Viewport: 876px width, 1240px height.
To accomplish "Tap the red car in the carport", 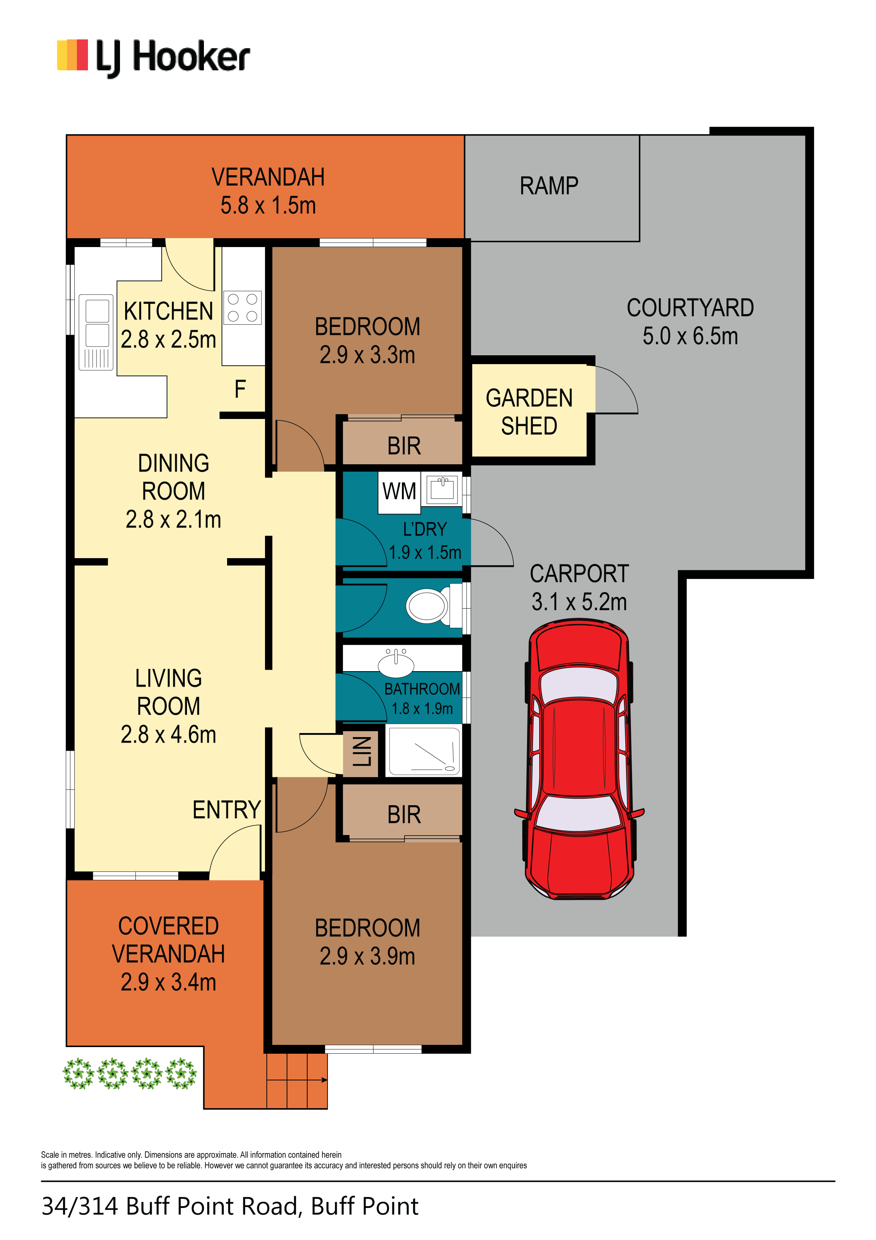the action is tap(579, 759).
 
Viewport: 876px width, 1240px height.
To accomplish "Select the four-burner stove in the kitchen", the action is tap(243, 308).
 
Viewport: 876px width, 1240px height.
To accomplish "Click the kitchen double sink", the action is tap(96, 332).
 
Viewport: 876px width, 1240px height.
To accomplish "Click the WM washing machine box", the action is tap(399, 492).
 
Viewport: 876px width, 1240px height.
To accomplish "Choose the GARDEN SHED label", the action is tap(529, 412).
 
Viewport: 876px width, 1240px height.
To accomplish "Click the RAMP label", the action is tap(549, 186).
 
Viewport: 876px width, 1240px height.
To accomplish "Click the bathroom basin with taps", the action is tap(396, 663).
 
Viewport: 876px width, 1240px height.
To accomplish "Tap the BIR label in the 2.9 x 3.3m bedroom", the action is tap(404, 446).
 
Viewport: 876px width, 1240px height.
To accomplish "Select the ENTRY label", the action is tap(227, 810).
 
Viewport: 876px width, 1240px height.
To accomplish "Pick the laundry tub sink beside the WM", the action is tap(442, 489).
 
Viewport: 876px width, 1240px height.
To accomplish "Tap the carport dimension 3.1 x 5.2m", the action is tap(579, 602).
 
